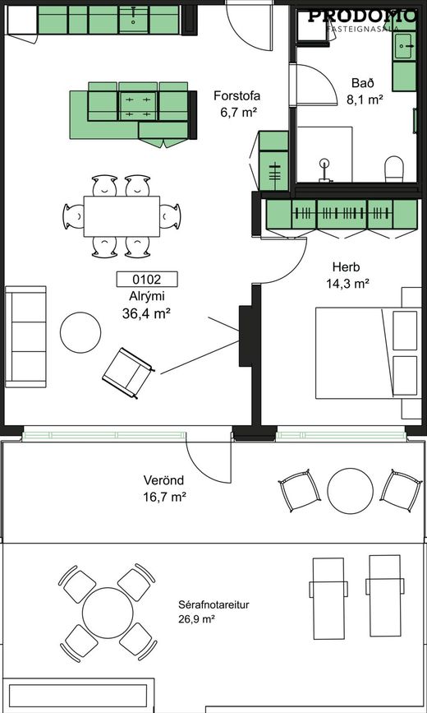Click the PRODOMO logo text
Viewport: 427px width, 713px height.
point(362,16)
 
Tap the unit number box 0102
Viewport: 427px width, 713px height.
point(147,280)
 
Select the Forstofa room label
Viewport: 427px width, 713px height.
point(236,96)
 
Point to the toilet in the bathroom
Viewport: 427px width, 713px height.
point(394,169)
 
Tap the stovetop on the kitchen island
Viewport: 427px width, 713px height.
point(138,106)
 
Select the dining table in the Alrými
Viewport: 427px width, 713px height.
point(122,216)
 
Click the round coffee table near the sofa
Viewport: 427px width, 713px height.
point(80,332)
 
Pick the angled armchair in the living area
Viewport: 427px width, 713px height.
point(127,373)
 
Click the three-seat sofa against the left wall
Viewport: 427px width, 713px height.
point(26,336)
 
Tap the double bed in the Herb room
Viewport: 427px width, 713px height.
point(369,354)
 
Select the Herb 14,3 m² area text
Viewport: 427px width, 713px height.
point(347,275)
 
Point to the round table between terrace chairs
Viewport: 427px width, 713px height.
point(351,491)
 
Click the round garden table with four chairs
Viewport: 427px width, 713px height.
point(108,613)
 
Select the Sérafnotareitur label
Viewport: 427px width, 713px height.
point(213,604)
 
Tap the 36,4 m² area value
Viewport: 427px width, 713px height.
point(146,313)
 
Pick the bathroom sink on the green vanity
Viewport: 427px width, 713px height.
point(403,46)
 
